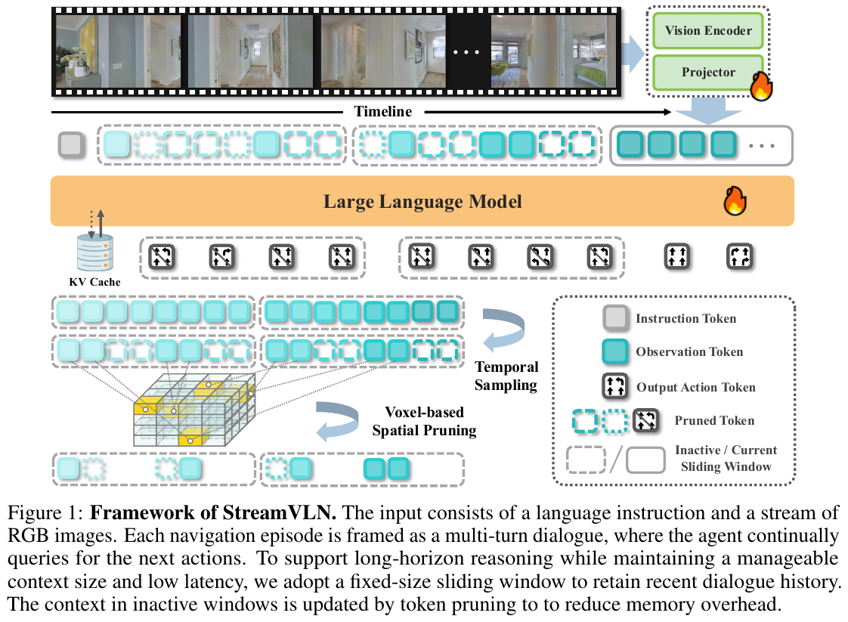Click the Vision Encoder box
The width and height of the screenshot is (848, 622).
point(708,31)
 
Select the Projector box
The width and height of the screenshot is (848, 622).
point(708,73)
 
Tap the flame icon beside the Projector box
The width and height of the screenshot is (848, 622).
point(760,87)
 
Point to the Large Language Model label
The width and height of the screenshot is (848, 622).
point(422,202)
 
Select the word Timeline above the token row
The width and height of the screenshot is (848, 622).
point(382,112)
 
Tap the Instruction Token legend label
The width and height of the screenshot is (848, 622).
point(686,318)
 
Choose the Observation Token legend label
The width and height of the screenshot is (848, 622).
point(689,351)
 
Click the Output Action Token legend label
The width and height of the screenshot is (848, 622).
point(695,387)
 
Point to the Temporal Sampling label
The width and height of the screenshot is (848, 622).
point(506,376)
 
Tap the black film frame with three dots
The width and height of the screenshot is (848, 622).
point(466,51)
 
